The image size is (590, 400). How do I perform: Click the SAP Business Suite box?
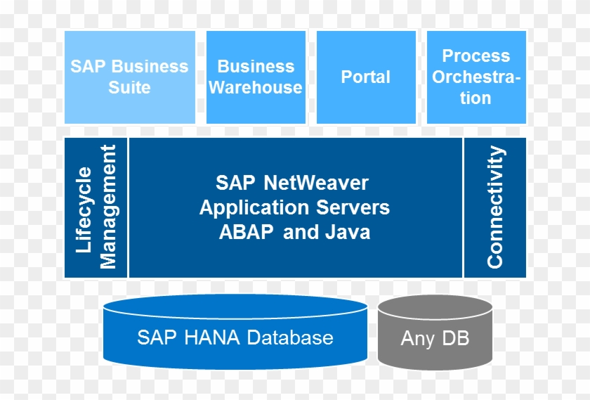129,77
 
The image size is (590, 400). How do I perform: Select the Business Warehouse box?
256,77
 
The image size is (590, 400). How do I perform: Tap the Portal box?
366,77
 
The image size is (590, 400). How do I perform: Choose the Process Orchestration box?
476,77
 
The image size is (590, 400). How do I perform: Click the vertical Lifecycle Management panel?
96,207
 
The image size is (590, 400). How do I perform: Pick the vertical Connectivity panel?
495,207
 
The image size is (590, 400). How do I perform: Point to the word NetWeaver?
316,183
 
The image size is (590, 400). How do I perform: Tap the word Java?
347,233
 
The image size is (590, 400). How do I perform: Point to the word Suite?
129,88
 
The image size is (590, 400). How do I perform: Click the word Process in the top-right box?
476,56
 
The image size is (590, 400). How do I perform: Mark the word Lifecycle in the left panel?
84,209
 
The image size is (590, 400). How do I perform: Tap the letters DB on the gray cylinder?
454,339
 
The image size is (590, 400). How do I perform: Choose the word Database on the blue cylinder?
288,337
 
